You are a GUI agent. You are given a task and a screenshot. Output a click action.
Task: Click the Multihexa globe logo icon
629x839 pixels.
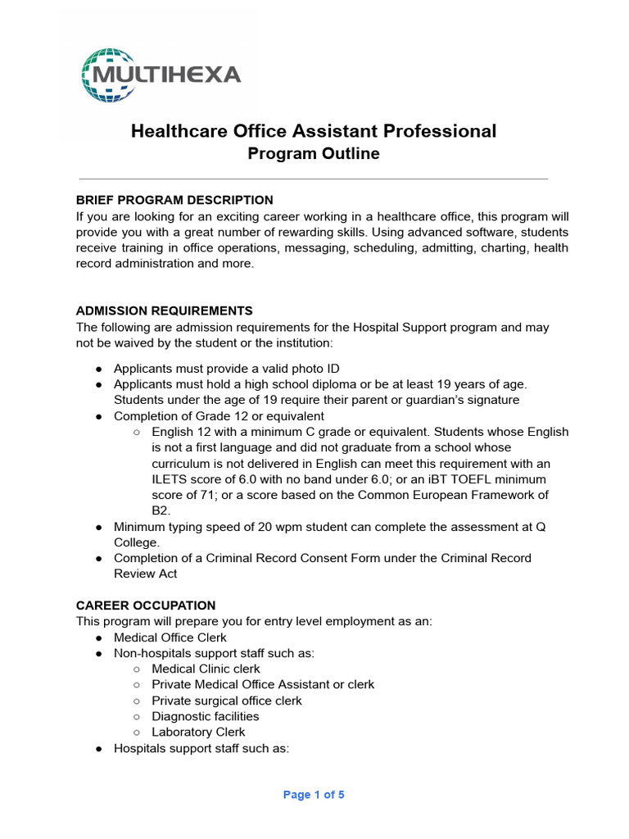click(x=107, y=75)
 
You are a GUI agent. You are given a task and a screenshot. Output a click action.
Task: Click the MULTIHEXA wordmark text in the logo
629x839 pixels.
click(x=168, y=75)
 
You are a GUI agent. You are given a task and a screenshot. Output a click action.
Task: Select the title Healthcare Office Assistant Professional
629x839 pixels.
click(x=314, y=131)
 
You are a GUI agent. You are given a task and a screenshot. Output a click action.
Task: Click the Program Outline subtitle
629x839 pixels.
click(x=314, y=154)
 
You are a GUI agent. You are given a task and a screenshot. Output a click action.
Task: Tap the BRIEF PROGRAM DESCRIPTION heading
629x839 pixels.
click(x=174, y=200)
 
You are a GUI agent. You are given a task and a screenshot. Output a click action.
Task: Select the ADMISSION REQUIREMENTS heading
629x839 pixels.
click(x=165, y=311)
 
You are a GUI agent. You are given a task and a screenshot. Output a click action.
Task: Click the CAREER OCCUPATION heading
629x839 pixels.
click(x=146, y=605)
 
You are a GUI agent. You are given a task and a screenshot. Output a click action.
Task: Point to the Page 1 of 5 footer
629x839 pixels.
click(x=314, y=795)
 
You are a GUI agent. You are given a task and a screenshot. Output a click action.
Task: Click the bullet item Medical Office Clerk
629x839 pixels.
click(x=170, y=637)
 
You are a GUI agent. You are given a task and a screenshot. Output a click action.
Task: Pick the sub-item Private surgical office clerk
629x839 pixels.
click(x=227, y=701)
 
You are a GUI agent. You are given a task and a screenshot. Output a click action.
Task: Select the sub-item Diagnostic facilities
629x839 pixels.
click(x=206, y=716)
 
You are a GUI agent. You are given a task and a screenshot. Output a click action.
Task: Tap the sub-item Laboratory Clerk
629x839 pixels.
click(x=198, y=732)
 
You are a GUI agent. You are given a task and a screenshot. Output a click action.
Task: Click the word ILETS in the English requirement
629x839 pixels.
click(x=170, y=479)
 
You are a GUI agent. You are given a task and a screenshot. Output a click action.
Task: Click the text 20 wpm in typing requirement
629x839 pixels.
click(x=249, y=527)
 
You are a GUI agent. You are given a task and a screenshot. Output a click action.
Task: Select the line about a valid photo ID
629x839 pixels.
click(x=226, y=369)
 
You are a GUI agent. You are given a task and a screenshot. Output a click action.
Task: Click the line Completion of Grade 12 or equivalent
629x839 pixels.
click(x=219, y=416)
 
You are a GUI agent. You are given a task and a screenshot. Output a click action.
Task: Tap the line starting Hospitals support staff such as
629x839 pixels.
click(x=201, y=748)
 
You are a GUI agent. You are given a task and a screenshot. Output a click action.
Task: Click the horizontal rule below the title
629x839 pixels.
click(x=314, y=179)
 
